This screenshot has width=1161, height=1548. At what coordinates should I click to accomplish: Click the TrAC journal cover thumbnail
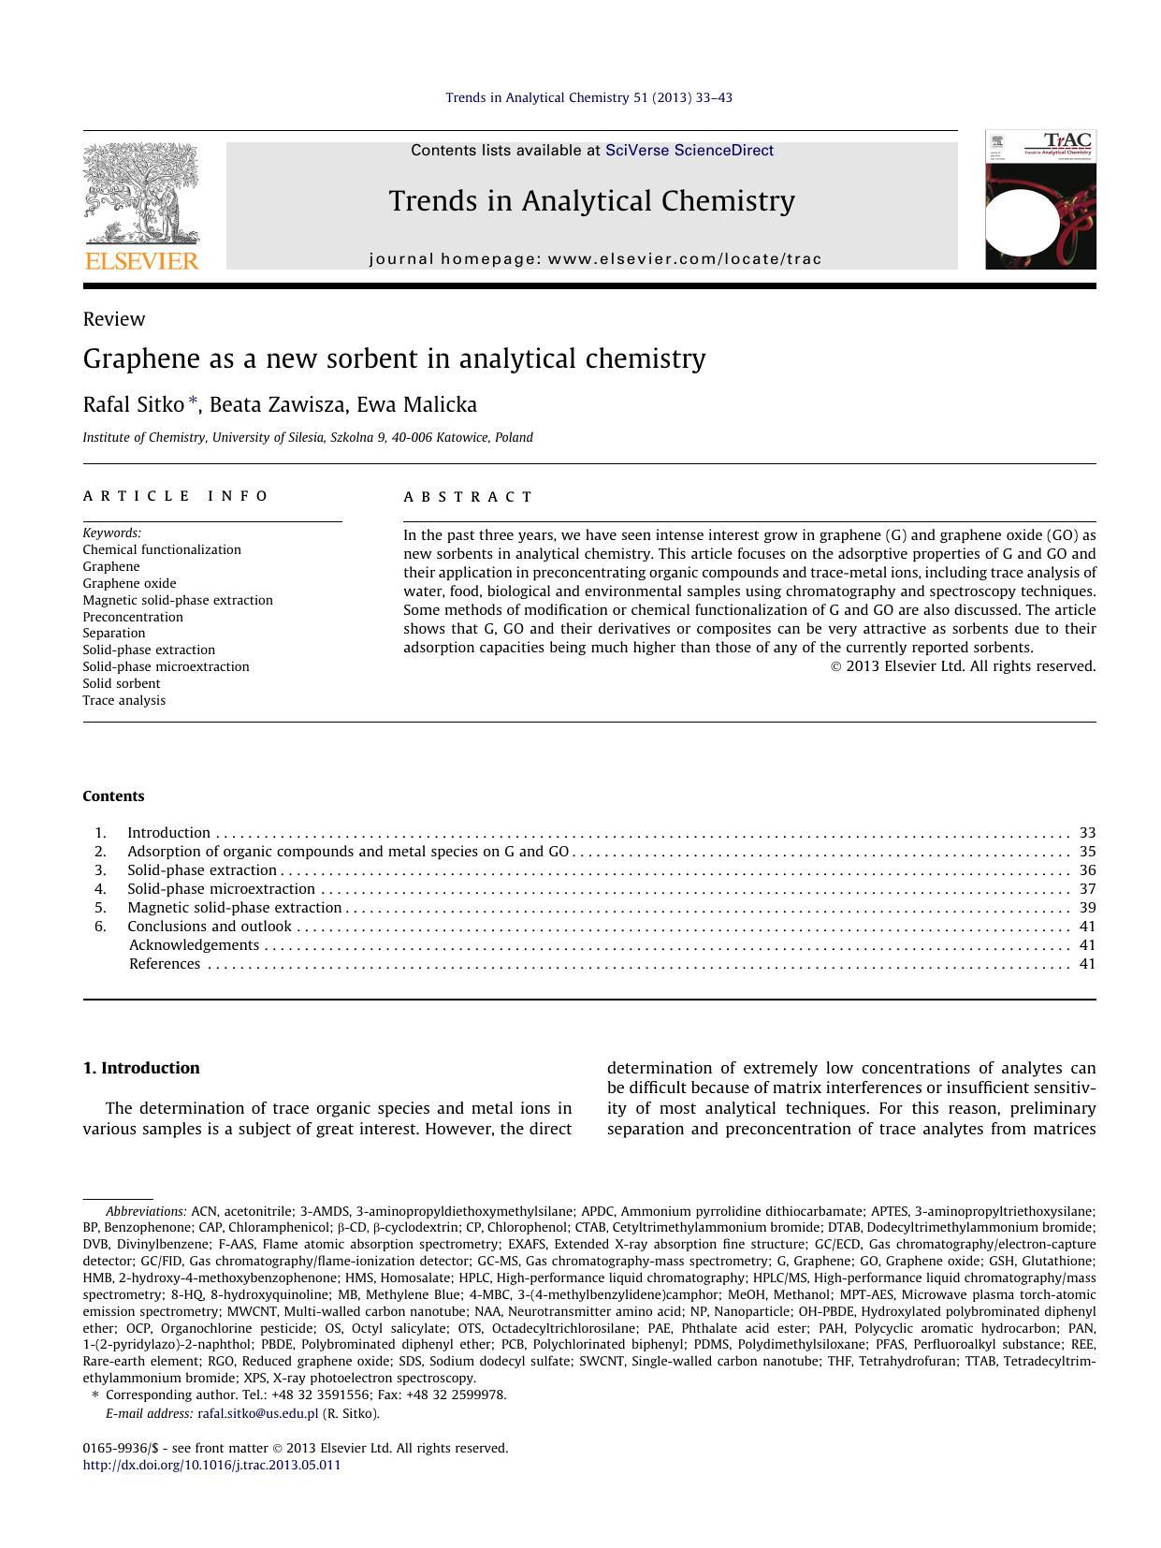pos(1039,200)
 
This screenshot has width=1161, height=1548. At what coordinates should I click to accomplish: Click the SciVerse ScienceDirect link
pos(689,150)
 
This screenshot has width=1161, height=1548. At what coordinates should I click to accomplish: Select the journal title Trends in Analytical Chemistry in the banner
pos(591,201)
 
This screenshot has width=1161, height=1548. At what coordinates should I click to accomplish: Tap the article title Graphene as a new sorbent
pos(394,358)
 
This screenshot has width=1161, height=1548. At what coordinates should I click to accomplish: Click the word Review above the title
pos(114,319)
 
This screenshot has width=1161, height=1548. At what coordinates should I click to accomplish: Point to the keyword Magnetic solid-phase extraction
pos(178,600)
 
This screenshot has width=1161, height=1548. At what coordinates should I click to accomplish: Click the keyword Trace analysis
pos(123,700)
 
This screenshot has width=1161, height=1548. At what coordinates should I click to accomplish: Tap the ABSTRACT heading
pos(468,497)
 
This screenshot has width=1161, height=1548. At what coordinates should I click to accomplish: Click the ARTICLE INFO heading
pos(175,496)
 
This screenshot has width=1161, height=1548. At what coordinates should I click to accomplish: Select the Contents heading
pos(113,796)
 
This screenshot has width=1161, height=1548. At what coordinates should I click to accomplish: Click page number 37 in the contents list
pos(1086,889)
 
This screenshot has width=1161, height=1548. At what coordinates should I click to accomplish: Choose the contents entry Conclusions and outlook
pos(210,927)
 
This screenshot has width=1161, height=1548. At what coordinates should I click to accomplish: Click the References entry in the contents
pos(165,964)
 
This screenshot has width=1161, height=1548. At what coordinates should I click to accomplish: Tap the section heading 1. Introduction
pos(141,1068)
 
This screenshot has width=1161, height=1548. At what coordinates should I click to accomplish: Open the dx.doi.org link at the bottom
pos(211,1466)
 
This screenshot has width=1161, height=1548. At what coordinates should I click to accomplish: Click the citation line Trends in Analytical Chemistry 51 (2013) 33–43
pos(588,97)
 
